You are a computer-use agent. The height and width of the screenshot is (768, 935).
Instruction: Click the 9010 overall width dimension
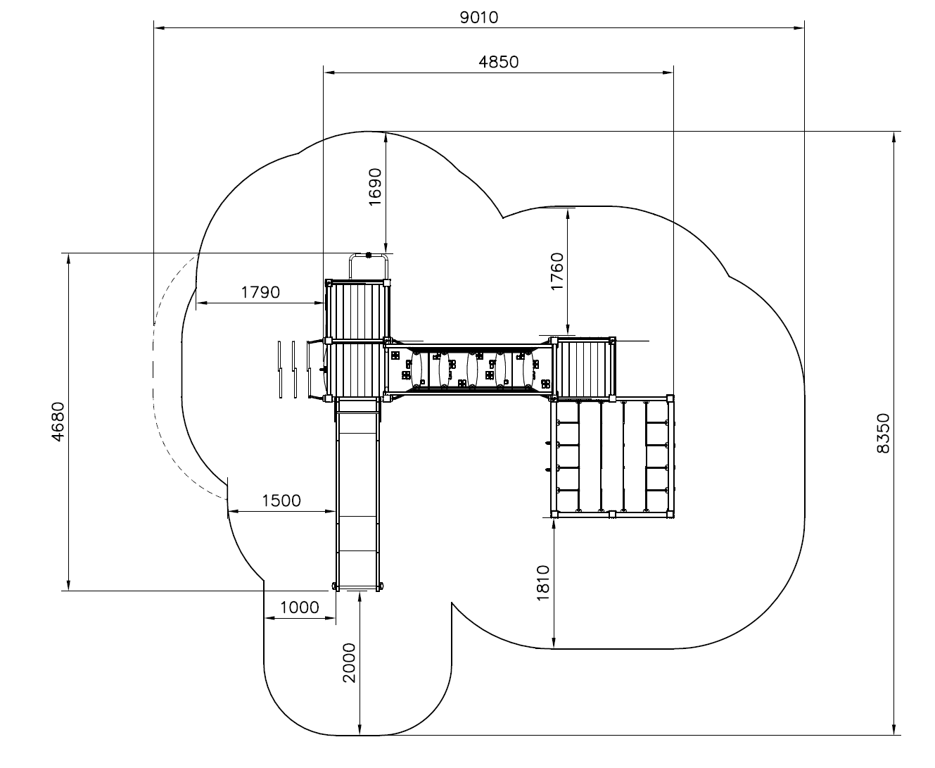[479, 18]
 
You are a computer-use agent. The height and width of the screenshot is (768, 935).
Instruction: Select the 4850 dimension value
[498, 62]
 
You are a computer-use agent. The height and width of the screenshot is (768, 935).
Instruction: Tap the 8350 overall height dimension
[883, 433]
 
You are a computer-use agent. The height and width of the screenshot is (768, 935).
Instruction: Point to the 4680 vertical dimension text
[58, 422]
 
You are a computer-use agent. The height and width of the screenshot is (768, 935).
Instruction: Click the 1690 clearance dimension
[375, 187]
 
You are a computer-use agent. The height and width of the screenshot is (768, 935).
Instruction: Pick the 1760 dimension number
[556, 272]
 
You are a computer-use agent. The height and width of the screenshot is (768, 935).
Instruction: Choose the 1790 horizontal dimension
[260, 292]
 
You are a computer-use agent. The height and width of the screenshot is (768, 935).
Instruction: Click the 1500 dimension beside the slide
[281, 501]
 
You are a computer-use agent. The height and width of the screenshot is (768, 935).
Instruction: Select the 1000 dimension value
[299, 608]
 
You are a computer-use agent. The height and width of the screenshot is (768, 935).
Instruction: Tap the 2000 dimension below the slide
[350, 663]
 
